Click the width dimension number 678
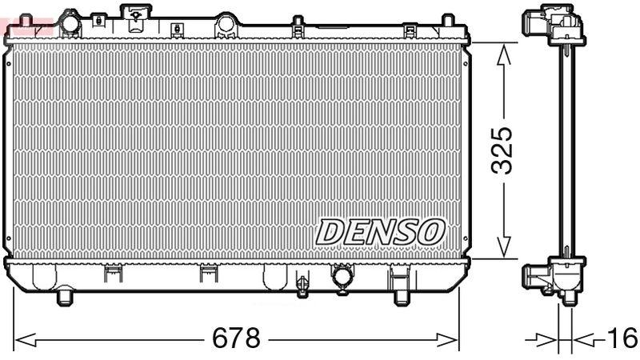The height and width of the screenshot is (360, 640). (x=236, y=338)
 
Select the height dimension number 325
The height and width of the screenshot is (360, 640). (x=503, y=150)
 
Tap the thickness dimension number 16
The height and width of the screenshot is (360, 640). (x=621, y=338)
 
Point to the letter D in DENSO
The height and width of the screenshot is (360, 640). (x=330, y=232)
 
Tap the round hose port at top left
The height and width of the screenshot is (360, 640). (x=69, y=25)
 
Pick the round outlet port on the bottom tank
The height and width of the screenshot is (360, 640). (x=342, y=277)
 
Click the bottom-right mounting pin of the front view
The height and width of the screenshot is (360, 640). (x=402, y=297)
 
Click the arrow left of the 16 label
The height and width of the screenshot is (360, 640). (x=546, y=339)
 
